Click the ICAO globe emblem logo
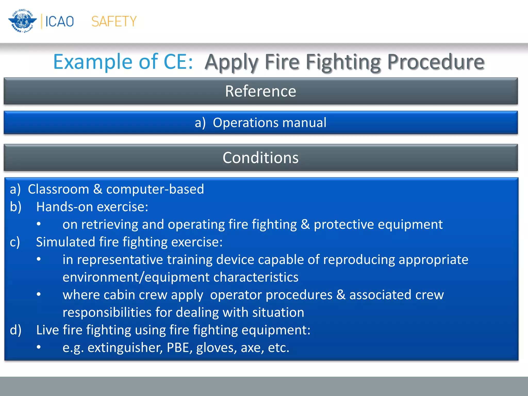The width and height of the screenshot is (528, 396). tap(22, 21)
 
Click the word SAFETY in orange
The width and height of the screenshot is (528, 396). tap(114, 21)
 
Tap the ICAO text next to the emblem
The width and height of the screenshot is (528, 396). tap(60, 21)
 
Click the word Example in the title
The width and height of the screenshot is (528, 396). tap(93, 62)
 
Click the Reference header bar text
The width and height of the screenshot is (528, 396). tap(260, 91)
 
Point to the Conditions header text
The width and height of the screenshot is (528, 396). tap(260, 158)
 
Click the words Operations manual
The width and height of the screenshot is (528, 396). tap(269, 122)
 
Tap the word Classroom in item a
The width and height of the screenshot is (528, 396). tap(59, 189)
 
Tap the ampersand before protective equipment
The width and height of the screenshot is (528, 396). tap(305, 224)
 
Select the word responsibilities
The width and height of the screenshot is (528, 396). tap(107, 312)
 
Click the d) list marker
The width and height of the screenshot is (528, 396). tap(15, 330)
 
